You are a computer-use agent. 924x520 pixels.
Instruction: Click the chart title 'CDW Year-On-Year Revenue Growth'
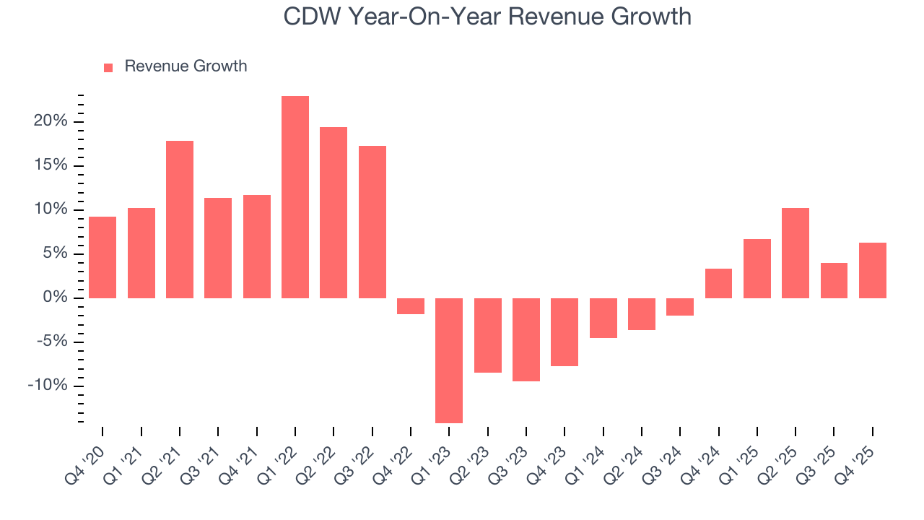[487, 16]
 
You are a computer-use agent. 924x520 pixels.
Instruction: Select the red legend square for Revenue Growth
[108, 67]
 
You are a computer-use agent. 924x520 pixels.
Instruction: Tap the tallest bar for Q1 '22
[295, 196]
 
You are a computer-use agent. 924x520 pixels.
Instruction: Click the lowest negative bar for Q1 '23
[449, 360]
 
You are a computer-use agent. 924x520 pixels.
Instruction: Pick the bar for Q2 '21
[180, 219]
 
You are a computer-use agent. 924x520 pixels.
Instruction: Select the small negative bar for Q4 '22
[411, 306]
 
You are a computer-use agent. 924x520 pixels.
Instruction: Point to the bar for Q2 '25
[796, 253]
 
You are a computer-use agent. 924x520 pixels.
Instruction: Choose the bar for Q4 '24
[718, 283]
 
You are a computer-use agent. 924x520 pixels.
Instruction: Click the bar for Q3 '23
[526, 339]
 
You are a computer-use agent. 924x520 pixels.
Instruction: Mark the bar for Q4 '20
[103, 257]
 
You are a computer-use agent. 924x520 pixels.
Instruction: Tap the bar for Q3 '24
[680, 307]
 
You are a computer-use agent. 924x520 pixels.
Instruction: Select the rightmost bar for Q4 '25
[872, 270]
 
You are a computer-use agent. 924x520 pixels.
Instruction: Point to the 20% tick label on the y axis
[50, 121]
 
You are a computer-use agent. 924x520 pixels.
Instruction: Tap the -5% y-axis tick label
[51, 342]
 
